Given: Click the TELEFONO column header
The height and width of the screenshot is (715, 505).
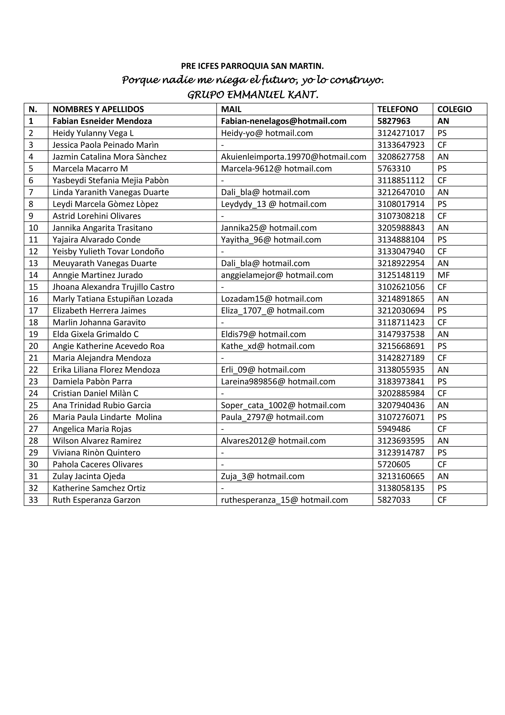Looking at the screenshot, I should [x=397, y=109].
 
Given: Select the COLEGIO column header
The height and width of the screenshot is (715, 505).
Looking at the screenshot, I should [x=454, y=109].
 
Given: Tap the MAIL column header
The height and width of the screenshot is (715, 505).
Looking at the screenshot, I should [x=231, y=109].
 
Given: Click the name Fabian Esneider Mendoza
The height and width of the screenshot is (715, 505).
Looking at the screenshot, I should [x=102, y=121].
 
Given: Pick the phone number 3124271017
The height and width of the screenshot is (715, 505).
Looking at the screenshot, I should [x=401, y=133].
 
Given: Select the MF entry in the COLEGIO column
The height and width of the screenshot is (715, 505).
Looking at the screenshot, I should [x=443, y=275].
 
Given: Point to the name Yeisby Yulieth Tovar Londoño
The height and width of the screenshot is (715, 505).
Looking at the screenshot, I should [x=108, y=251].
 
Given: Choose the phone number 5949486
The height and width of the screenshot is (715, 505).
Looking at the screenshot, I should [x=394, y=429].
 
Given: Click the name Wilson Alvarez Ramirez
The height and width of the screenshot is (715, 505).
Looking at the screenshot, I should [x=97, y=441].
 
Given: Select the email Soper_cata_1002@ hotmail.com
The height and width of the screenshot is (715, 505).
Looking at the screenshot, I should [x=283, y=405].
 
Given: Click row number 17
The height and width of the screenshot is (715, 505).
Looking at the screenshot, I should [x=33, y=311].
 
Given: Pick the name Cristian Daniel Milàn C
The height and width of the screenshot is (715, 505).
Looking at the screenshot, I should [x=95, y=393].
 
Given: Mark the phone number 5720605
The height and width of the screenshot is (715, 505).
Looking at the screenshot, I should [x=394, y=464].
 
